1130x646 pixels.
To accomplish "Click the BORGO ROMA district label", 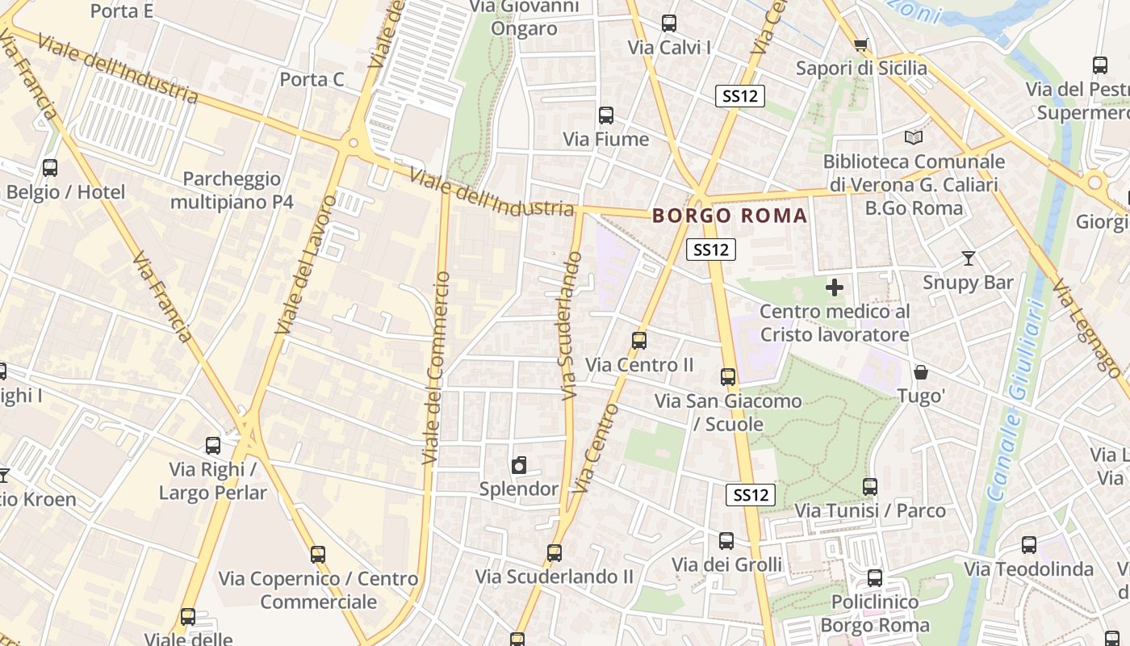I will (730, 216).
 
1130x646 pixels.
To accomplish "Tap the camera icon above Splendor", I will (519, 465).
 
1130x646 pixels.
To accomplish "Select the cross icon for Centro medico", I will (835, 287).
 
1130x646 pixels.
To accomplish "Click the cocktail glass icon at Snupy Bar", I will (969, 258).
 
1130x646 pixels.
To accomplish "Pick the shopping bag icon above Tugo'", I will (921, 372).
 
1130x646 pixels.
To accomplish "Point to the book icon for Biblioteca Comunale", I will (914, 138).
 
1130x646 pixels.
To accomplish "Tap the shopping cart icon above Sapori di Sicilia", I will (861, 44).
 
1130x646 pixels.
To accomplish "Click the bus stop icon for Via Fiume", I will (606, 115).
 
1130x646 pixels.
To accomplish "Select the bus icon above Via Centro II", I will (639, 341).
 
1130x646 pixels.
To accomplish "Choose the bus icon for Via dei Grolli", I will (726, 541).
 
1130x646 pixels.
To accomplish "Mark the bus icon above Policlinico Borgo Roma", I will (875, 578).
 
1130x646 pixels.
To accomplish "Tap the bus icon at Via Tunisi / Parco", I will (870, 487).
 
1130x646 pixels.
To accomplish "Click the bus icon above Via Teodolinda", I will (1029, 545).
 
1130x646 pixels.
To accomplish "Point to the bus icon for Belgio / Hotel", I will (50, 168).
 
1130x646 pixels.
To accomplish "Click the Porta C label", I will (312, 79).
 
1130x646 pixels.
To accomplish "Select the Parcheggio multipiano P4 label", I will (232, 190).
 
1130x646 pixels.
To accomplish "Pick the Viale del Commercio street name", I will (436, 367).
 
